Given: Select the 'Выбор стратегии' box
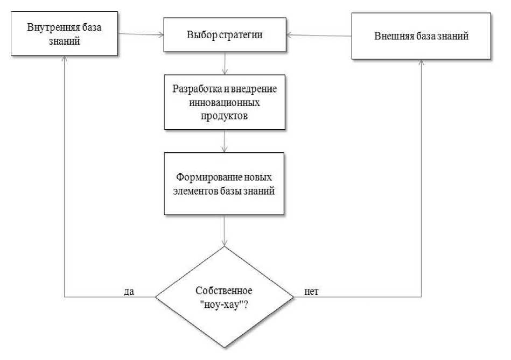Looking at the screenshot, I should pyautogui.click(x=224, y=36).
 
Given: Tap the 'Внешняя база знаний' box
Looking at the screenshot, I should pyautogui.click(x=421, y=37).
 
